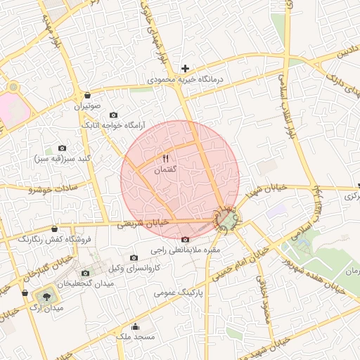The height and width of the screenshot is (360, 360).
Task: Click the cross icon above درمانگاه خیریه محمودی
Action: [185, 68]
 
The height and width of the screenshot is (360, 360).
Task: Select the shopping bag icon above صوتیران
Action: [86, 95]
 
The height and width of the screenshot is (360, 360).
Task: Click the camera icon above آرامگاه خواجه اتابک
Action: [114, 115]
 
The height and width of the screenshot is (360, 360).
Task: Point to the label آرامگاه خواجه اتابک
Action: [113, 124]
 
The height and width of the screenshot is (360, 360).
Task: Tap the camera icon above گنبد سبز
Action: [62, 148]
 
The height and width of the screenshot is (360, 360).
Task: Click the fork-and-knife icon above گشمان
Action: [167, 157]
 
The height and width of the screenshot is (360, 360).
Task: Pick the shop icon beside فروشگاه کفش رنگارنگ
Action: [55, 229]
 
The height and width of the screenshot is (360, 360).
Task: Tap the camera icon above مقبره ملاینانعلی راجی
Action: [185, 239]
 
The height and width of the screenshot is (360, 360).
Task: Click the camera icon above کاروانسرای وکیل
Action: [134, 258]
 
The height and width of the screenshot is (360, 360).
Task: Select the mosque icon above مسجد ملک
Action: [136, 327]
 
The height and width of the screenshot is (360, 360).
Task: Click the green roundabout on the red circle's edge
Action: [226, 219]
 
